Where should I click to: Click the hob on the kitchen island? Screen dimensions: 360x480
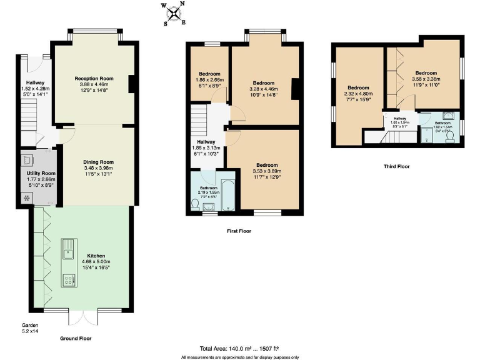pyautogui.click(x=68, y=279)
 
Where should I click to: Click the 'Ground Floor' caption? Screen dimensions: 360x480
pyautogui.click(x=77, y=338)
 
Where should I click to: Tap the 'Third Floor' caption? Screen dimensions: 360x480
pyautogui.click(x=397, y=167)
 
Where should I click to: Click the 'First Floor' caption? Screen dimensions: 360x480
pyautogui.click(x=239, y=231)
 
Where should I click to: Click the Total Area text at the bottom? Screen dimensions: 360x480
pyautogui.click(x=239, y=348)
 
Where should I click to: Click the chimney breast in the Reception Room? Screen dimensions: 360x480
pyautogui.click(x=132, y=84)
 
